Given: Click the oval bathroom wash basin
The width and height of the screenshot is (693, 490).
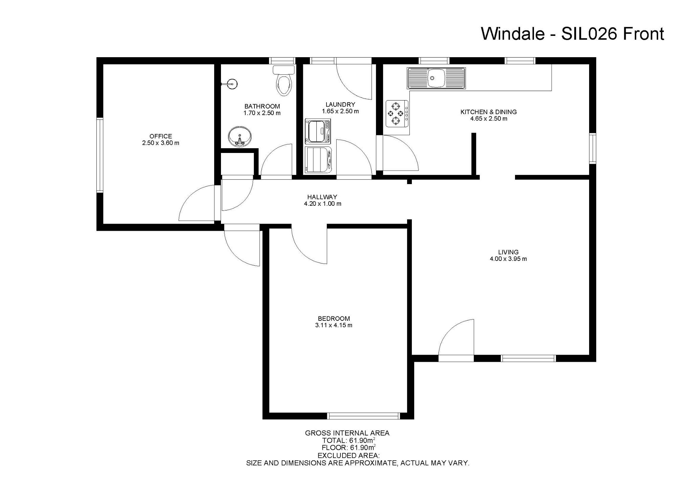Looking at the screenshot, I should (240, 137).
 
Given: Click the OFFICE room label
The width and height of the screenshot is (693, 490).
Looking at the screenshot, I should (161, 136).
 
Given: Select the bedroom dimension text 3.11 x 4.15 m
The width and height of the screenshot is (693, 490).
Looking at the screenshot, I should (334, 326).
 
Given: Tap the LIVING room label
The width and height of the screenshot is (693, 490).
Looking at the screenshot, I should (508, 252).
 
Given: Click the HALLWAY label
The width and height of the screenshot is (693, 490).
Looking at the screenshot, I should (322, 197).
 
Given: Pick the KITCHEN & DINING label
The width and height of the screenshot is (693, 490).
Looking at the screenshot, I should (489, 112).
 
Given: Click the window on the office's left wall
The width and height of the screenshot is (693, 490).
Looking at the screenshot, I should (100, 155).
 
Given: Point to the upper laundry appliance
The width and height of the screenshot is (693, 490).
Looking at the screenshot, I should (318, 131).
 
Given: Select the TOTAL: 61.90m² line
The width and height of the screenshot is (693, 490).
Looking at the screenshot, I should (349, 440).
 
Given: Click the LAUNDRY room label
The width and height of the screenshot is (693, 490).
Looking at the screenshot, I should (340, 105).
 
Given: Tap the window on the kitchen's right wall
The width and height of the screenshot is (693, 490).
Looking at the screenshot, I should (593, 148).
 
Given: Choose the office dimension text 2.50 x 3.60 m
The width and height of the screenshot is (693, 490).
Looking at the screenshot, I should (161, 143).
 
